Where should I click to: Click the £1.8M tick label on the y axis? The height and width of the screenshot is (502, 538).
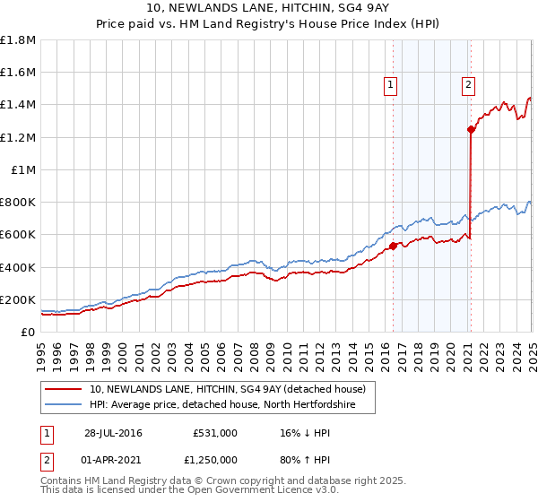[19, 40]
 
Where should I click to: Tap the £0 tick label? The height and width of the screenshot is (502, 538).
[29, 332]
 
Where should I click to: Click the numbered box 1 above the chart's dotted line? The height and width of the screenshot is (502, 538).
[392, 85]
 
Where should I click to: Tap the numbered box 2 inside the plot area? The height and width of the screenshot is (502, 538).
[468, 85]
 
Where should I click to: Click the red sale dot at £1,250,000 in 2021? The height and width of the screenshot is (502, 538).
[471, 129]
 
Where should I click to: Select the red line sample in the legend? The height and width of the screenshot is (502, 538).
[63, 390]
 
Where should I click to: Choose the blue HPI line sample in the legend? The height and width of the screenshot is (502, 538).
[63, 406]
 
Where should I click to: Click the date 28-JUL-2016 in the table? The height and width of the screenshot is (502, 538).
[113, 433]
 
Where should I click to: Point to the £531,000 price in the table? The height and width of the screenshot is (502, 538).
[215, 433]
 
